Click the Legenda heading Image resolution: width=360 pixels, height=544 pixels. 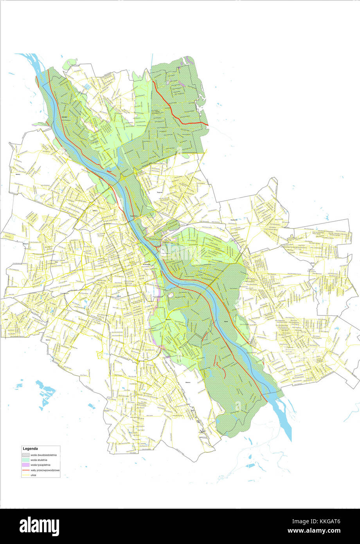30,449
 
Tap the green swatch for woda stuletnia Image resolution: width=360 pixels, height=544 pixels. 25,460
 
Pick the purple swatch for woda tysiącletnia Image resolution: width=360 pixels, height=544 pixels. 25,465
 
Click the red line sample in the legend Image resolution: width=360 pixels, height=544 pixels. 25,470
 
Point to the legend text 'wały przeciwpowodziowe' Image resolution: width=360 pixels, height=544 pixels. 45,470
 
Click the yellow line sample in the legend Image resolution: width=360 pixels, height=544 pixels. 25,475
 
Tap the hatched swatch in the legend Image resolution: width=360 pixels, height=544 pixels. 25,455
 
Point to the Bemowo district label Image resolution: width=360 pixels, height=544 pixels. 26,243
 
